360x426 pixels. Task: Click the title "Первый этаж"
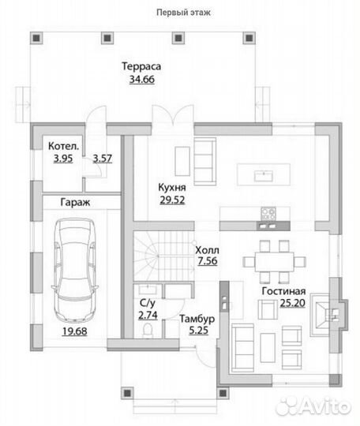183,13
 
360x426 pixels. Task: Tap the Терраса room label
141,66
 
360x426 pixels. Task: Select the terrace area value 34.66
142,80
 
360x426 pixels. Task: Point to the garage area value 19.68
75,331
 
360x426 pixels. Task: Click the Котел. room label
64,146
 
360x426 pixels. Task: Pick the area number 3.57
102,158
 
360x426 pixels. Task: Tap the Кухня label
172,187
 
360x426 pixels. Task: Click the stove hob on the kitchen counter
268,214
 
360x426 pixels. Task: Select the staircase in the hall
163,256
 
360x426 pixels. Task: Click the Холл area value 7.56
208,261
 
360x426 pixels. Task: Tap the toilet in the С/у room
148,331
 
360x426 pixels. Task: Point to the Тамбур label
197,319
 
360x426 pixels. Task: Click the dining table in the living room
275,262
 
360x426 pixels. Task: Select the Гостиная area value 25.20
293,303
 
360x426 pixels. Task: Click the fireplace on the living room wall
329,315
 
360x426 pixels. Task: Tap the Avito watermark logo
313,406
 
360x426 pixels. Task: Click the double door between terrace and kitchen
173,115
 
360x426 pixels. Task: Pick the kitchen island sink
264,176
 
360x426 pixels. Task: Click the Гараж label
75,203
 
